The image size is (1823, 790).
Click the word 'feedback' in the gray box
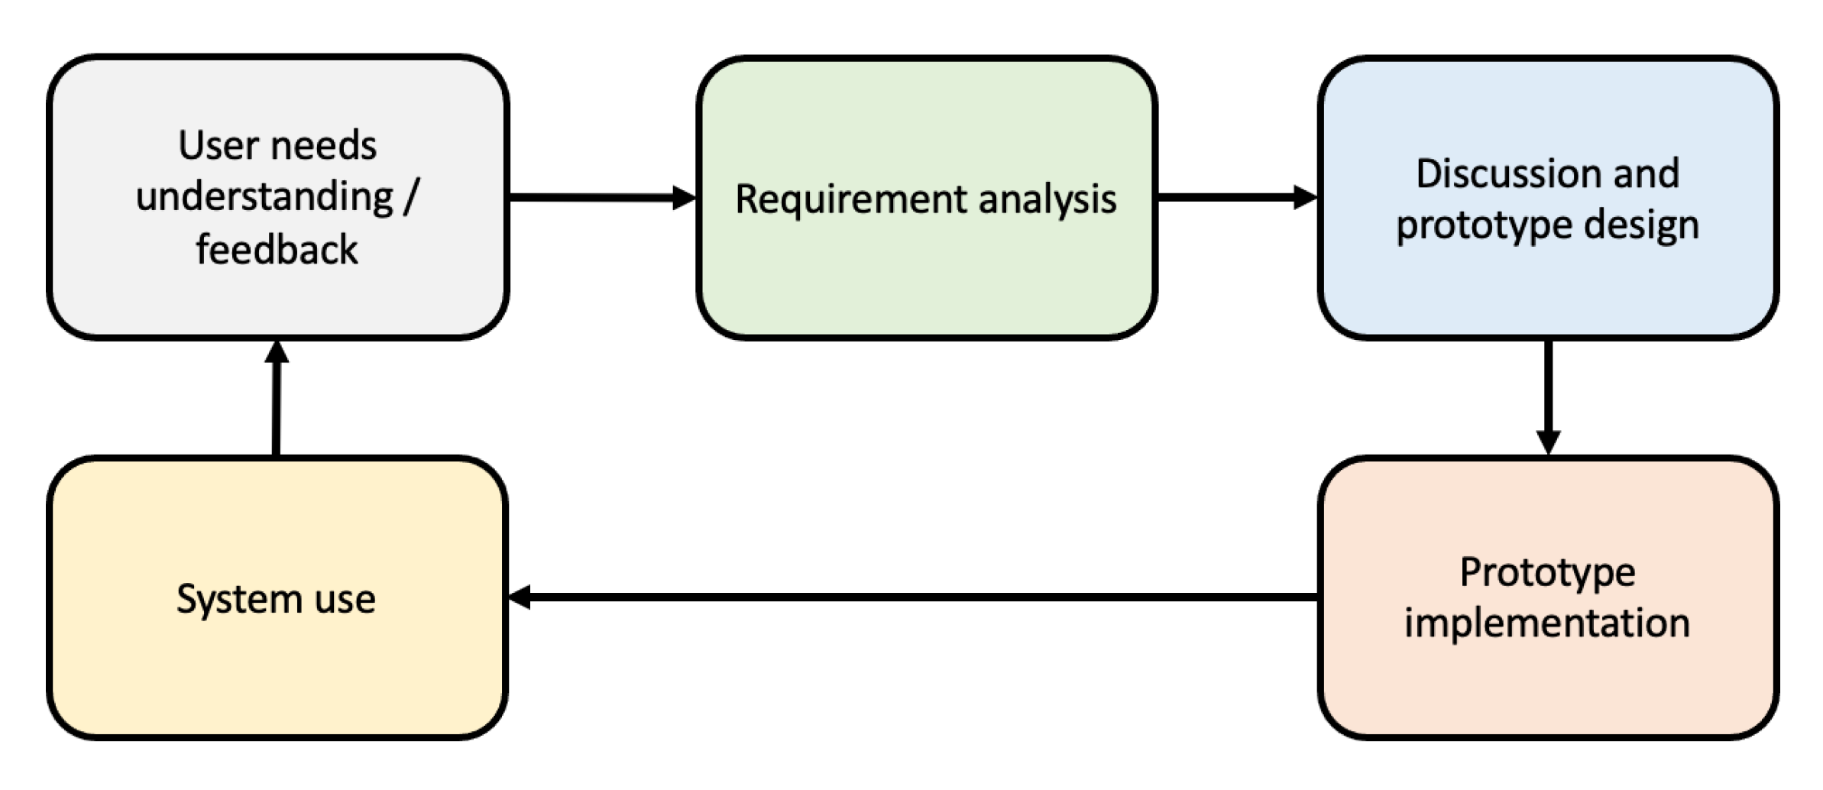[x=277, y=250]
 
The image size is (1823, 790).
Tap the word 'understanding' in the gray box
[x=264, y=198]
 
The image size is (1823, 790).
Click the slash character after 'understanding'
[x=411, y=198]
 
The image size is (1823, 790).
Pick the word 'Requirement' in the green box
[x=850, y=200]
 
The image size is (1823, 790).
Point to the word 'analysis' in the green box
[x=1047, y=200]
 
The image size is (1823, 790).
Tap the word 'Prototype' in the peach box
[x=1547, y=572]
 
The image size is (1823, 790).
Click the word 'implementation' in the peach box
[x=1547, y=623]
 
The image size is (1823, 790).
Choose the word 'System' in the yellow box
[x=238, y=599]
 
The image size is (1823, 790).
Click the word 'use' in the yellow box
[x=345, y=599]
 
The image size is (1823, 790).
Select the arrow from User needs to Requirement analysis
[x=596, y=198]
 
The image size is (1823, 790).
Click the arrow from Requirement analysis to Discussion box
[x=1230, y=198]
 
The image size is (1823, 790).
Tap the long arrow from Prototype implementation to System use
[x=917, y=597]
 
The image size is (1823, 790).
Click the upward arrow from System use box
[x=276, y=405]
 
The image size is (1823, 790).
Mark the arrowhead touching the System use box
[x=520, y=597]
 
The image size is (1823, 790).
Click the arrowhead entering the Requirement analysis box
[x=684, y=198]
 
